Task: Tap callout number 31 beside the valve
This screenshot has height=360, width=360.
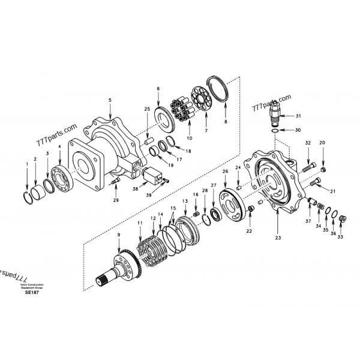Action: [x=298, y=115]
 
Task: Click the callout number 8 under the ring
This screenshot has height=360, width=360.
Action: [x=226, y=121]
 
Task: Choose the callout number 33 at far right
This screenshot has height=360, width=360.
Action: [x=340, y=237]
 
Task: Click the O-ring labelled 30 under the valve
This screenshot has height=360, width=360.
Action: [x=274, y=129]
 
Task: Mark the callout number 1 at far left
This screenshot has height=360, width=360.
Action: [x=26, y=162]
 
